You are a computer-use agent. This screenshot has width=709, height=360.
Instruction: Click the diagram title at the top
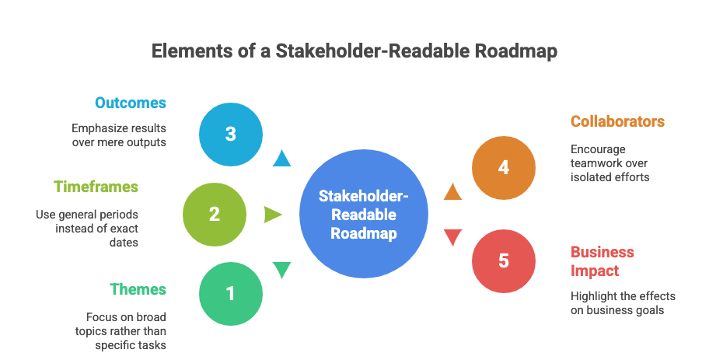[354, 51]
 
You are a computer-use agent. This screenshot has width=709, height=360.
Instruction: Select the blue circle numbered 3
[230, 134]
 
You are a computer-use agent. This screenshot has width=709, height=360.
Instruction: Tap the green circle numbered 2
[214, 214]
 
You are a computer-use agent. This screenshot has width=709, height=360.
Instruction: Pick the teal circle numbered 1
[230, 293]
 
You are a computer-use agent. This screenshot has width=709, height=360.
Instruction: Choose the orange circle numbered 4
[504, 168]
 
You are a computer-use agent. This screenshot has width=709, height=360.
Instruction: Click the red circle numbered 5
[504, 260]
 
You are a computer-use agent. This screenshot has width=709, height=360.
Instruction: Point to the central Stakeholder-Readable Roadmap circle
[364, 215]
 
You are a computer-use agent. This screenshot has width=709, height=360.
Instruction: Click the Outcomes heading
[131, 103]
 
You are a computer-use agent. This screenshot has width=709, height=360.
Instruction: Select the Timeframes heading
[96, 187]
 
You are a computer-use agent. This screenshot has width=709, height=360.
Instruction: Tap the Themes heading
[138, 289]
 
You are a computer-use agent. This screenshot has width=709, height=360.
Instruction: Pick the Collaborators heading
[617, 121]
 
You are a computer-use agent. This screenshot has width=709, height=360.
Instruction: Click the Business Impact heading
[602, 261]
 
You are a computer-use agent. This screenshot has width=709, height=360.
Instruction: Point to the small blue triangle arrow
[281, 159]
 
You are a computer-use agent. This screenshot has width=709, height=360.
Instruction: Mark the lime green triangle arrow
[273, 215]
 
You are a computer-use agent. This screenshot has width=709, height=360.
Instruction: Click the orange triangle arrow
[452, 190]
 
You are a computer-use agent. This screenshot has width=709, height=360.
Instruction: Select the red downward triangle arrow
[452, 238]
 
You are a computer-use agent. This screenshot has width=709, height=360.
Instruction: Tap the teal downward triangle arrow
[281, 271]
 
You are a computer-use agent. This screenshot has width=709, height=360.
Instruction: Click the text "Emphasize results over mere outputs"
[119, 135]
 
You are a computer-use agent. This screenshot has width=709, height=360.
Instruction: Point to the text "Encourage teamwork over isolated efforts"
[609, 163]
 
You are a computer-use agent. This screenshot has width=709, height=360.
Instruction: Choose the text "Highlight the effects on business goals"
[623, 303]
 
